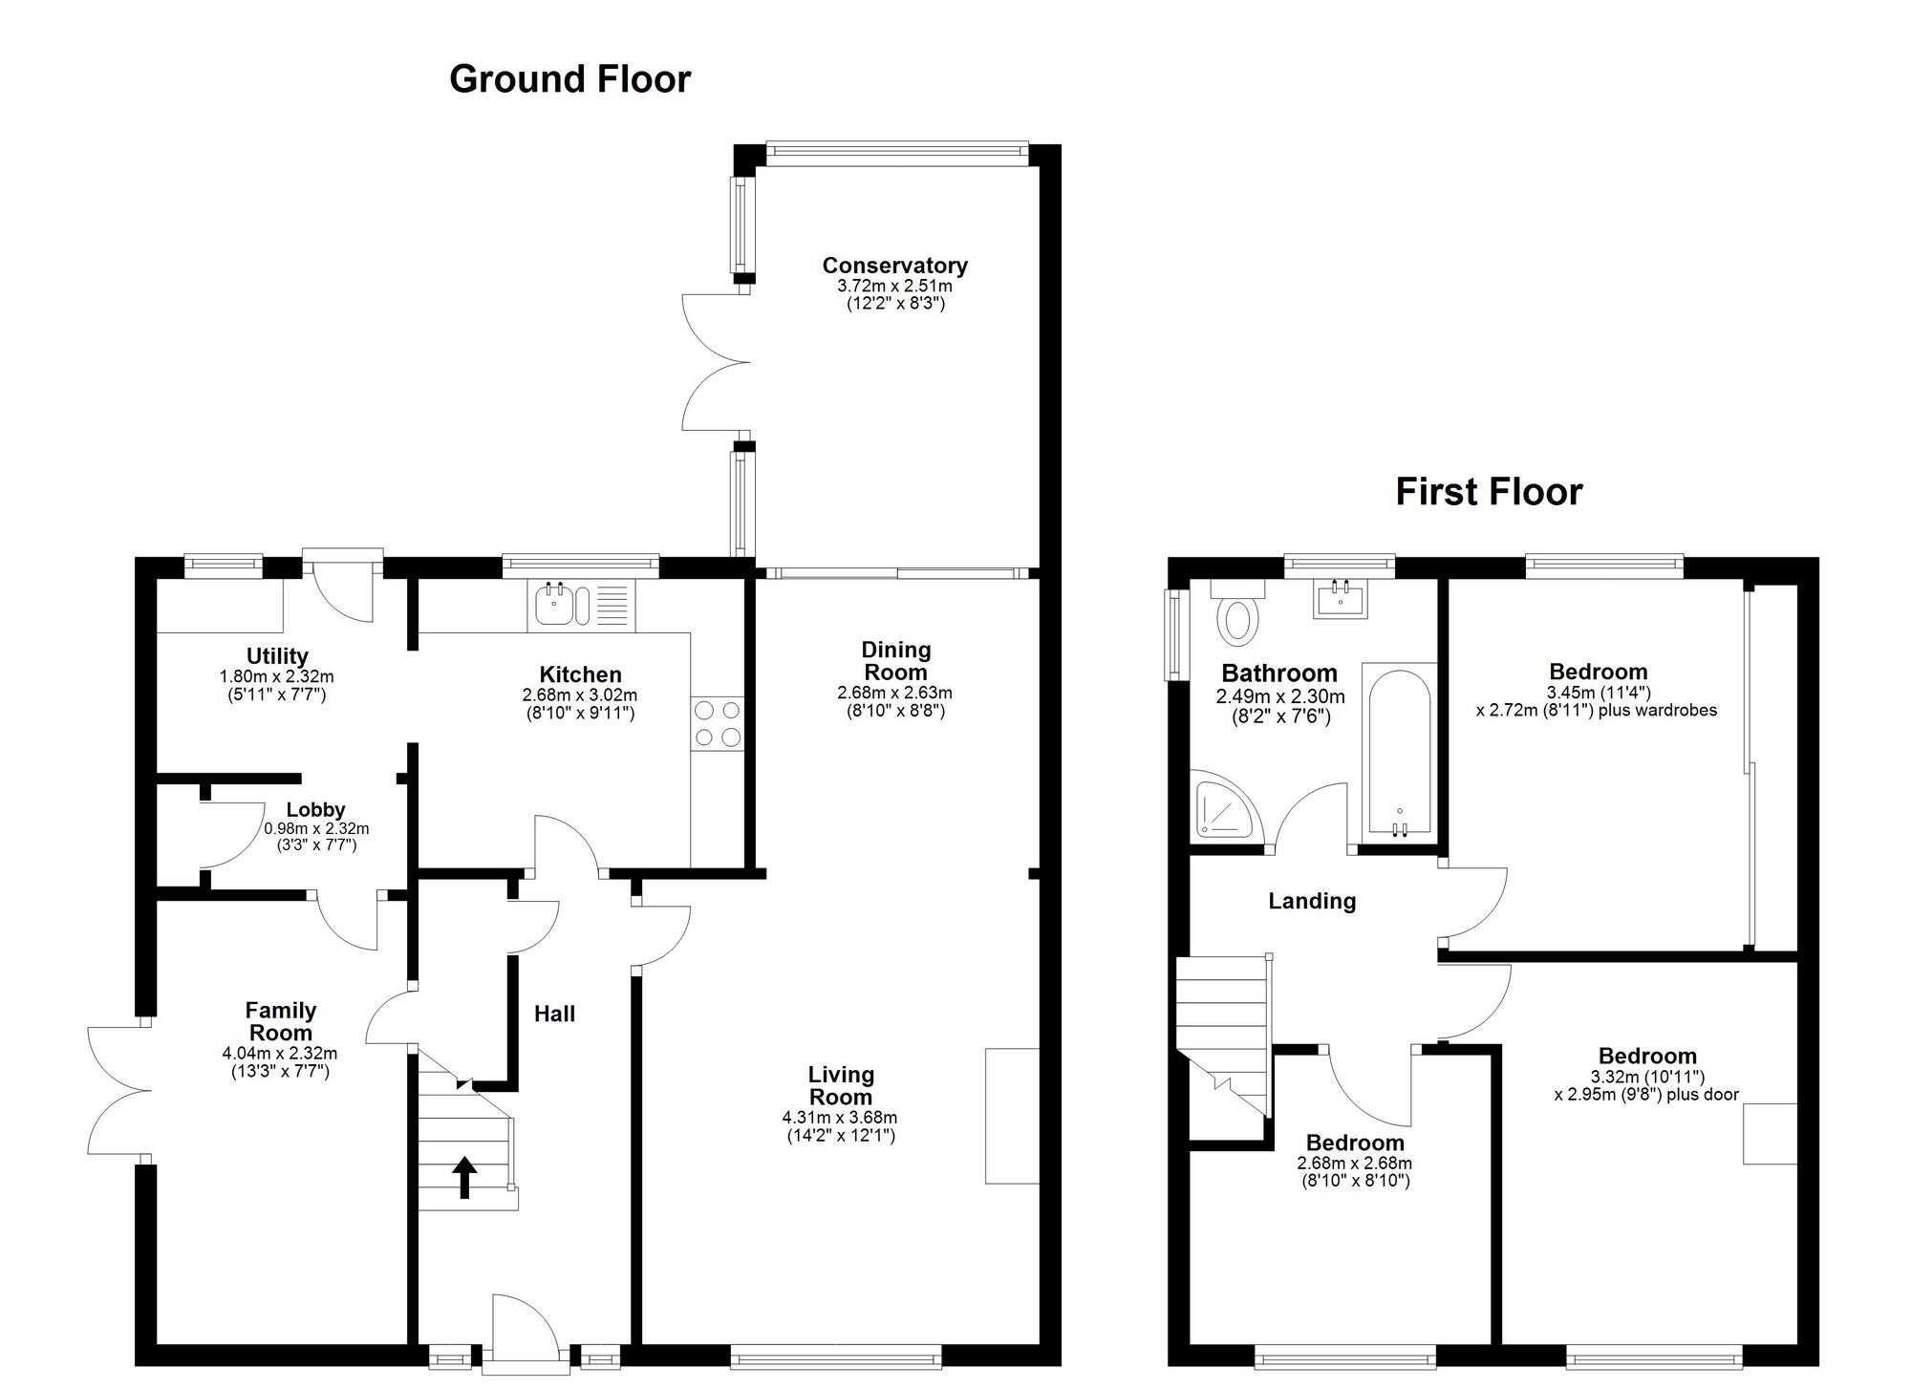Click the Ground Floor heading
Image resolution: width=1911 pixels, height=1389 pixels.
[570, 79]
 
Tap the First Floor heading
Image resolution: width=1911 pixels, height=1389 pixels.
[1489, 492]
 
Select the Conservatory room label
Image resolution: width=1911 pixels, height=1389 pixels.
[894, 266]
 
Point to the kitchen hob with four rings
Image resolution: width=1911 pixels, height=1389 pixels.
[718, 724]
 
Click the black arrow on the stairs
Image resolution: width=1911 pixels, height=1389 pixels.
[465, 1177]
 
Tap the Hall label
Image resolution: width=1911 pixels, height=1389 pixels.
[555, 1014]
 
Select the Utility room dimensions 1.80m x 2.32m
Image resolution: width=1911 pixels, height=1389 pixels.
[277, 676]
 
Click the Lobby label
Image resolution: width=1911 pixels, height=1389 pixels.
[316, 810]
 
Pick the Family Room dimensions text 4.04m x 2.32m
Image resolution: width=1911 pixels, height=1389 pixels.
[280, 1054]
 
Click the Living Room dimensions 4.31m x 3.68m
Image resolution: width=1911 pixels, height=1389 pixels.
[840, 1118]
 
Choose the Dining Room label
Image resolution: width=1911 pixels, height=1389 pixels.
[895, 661]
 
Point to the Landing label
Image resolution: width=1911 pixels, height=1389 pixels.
[1312, 901]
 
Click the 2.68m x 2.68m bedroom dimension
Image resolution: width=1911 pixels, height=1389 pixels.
[1354, 1164]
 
